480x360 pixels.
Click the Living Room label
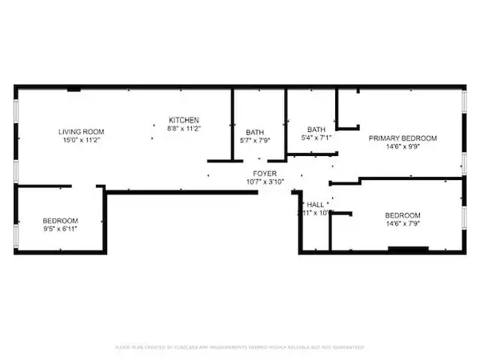coord(81,131)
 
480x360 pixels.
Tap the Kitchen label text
coord(183,119)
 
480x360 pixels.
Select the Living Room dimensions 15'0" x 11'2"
coord(81,140)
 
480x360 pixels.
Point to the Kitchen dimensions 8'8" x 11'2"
coord(183,128)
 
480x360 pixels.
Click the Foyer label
coord(265,173)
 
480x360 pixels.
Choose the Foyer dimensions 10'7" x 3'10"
coord(265,182)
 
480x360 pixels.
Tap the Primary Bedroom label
coord(402,138)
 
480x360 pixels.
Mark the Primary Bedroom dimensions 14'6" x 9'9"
coord(402,147)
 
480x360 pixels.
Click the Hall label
coord(315,204)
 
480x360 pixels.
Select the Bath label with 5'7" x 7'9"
coord(255,133)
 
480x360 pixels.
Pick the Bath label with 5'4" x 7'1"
coord(315,129)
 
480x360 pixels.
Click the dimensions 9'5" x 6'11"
coord(60,230)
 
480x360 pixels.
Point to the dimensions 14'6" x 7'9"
coord(402,224)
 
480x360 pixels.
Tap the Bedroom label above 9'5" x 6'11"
coord(60,221)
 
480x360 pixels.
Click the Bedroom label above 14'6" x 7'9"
coord(402,215)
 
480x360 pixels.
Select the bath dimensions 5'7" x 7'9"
coord(255,142)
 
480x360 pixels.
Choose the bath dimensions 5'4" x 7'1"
coord(315,138)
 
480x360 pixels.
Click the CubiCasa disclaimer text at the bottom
coord(240,347)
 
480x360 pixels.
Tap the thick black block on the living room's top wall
coord(74,89)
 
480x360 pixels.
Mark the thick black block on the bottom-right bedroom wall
coord(408,250)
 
